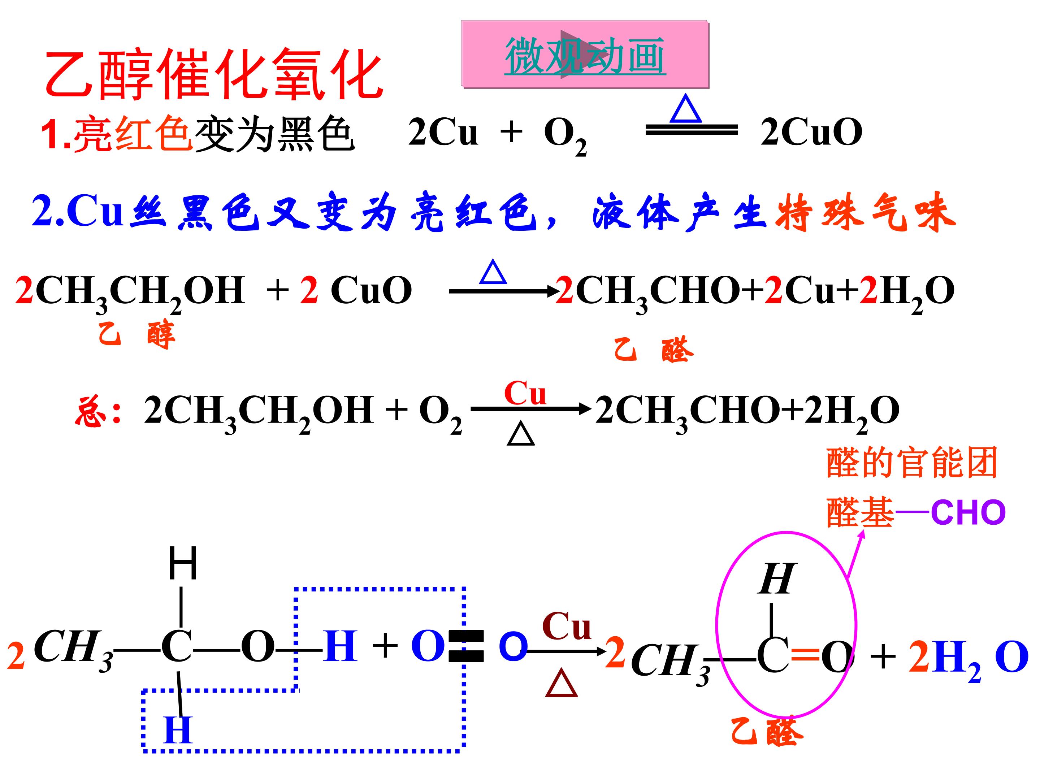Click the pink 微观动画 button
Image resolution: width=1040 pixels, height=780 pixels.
[585, 54]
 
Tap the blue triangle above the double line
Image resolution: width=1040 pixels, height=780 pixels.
[685, 109]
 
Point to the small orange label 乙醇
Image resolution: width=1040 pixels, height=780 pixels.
[137, 335]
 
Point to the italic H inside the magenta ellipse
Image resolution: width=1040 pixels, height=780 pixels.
[777, 579]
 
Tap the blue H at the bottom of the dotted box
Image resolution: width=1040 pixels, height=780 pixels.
[178, 730]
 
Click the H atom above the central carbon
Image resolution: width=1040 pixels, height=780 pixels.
[183, 564]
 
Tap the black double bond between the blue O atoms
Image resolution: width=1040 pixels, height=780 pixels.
[466, 646]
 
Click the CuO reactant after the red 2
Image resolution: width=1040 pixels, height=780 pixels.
[372, 290]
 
